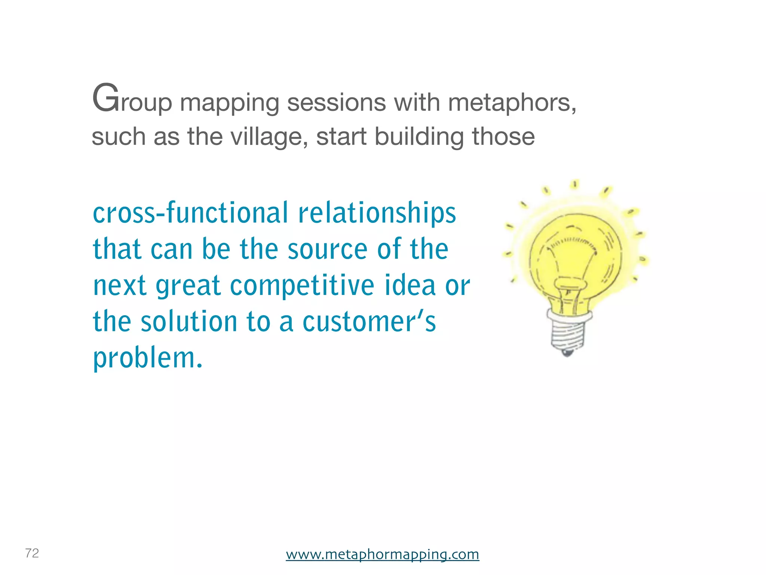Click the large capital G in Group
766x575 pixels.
[x=105, y=98]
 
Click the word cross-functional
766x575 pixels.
[x=190, y=213]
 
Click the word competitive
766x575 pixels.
[x=302, y=286]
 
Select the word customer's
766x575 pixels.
[x=369, y=322]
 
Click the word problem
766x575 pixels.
[x=147, y=359]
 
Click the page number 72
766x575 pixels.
[x=32, y=553]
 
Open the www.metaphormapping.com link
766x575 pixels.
[x=382, y=554]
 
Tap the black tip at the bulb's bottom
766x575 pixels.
[x=567, y=353]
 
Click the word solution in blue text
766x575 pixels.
[x=189, y=322]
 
